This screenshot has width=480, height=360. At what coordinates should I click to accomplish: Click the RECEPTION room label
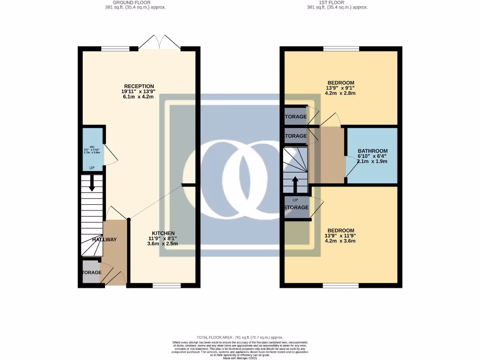coord(138,86)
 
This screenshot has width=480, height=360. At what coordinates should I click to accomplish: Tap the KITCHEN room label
coord(163,233)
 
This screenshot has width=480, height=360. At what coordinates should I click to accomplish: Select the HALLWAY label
coord(104,240)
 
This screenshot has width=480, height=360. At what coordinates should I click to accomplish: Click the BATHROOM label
coord(372,151)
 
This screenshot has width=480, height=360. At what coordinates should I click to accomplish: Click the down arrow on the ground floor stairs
coord(92,183)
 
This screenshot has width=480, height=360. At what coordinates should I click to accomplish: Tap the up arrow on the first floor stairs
coord(295,184)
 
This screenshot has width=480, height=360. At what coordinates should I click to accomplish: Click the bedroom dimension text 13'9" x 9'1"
coord(340,88)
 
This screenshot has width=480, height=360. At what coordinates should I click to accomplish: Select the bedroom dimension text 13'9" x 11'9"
coord(341,236)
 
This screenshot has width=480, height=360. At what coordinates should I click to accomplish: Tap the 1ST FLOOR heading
coord(337,2)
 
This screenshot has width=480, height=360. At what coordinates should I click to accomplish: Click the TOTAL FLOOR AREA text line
coord(240,337)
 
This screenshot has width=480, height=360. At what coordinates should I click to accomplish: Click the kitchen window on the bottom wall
coord(167,285)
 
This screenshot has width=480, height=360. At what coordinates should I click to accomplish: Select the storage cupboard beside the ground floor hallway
coord(91,272)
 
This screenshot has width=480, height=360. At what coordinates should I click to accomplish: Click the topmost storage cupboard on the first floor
coord(295,117)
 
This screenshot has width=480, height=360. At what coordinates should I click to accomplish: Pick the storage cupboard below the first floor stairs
coord(297,207)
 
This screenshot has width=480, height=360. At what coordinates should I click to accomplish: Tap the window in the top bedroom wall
coord(341,48)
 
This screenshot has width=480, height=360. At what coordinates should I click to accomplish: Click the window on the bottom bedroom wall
coord(341,285)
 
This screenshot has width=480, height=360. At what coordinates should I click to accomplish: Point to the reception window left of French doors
coord(115,48)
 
